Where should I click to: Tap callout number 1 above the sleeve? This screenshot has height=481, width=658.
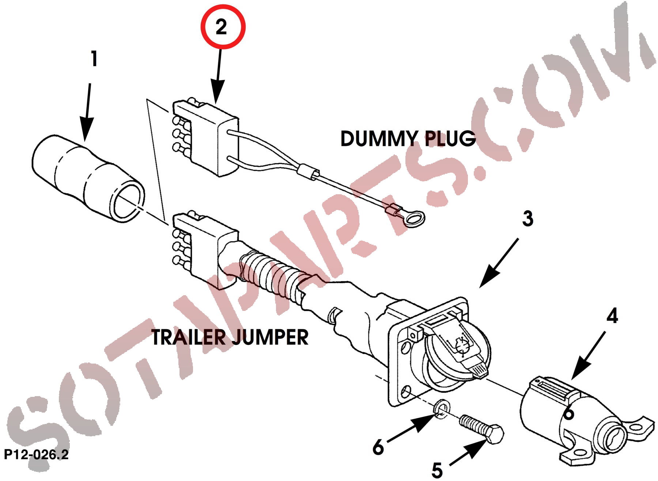[94, 59]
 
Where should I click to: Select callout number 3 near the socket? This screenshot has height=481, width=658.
[527, 218]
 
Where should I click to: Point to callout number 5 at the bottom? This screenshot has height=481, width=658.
[437, 470]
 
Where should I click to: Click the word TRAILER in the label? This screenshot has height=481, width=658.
[189, 337]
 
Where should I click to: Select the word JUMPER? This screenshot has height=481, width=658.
[271, 337]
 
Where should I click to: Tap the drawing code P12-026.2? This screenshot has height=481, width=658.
[36, 455]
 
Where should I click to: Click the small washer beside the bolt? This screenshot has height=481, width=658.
[442, 409]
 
